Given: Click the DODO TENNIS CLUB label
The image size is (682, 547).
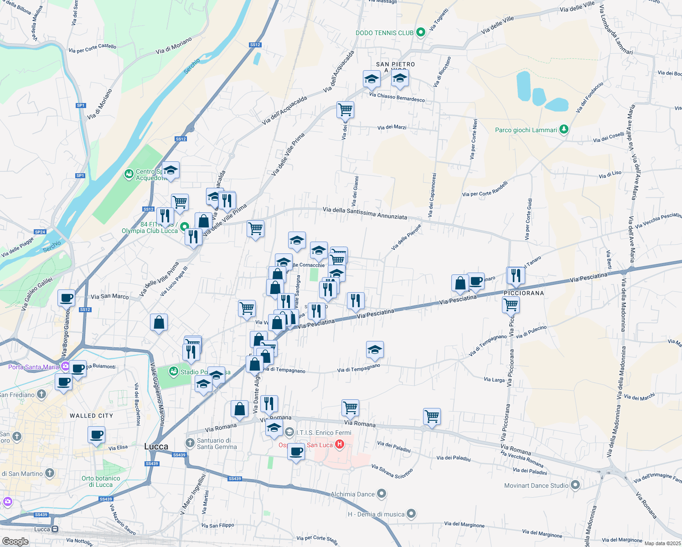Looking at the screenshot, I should pos(384,33).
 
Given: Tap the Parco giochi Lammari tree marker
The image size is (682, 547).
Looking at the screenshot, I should pos(564,129).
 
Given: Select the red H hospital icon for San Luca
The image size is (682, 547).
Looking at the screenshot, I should pos(339,444).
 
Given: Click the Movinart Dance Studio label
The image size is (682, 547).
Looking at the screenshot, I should pos(536,485).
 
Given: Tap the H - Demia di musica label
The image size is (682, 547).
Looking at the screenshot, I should pos(376,514).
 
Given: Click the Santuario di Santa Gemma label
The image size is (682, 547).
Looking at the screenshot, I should pos(217,444).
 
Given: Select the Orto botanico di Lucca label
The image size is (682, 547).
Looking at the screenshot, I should pos(101,481).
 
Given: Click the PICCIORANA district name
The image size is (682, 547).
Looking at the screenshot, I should pos(524,293).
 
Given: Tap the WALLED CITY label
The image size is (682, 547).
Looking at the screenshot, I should pos(91,416).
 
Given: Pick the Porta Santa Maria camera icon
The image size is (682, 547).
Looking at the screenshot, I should pos(66,366).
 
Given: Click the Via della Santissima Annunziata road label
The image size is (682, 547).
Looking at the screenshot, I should pos(365,213).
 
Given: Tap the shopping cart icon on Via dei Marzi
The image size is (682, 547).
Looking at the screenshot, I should pos(345,109).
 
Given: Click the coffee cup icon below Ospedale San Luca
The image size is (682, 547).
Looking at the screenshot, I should pos(296,451).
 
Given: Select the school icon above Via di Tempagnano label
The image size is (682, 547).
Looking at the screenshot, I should pos(375,350).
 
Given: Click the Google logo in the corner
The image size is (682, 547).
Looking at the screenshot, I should pos(15,542).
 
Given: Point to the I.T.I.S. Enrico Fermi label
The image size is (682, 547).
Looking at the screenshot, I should pos(324,433).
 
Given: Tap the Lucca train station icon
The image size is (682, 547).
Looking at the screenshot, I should pos(55,529).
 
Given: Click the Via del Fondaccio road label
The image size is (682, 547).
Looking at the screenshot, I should pos(589,97).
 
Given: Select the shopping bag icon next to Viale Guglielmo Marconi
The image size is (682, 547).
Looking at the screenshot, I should pos(159,322).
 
